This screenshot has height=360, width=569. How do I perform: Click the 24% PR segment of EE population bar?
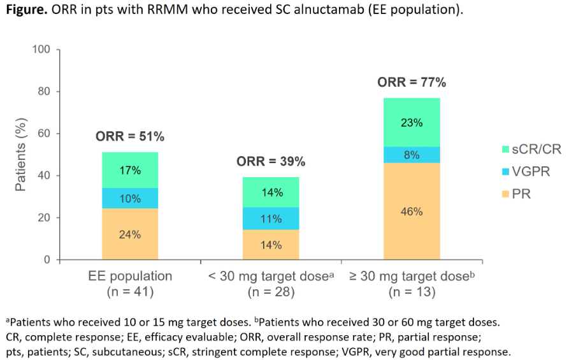point(130,234)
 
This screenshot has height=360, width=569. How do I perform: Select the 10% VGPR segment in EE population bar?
point(130,198)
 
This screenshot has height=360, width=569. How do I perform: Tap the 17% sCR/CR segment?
point(130,170)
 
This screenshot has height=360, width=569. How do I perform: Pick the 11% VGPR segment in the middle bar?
point(271,219)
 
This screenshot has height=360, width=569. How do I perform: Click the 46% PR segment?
point(412,211)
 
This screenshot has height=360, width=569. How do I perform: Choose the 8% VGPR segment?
point(412,155)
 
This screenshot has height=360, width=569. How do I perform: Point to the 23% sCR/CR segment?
point(412,122)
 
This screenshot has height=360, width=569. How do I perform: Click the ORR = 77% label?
point(412,82)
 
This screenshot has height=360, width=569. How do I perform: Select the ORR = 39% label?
point(271,162)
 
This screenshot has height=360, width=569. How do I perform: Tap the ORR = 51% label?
point(130,136)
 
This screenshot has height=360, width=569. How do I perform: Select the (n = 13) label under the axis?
point(412,292)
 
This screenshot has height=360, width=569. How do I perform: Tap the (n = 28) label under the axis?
point(271,292)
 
